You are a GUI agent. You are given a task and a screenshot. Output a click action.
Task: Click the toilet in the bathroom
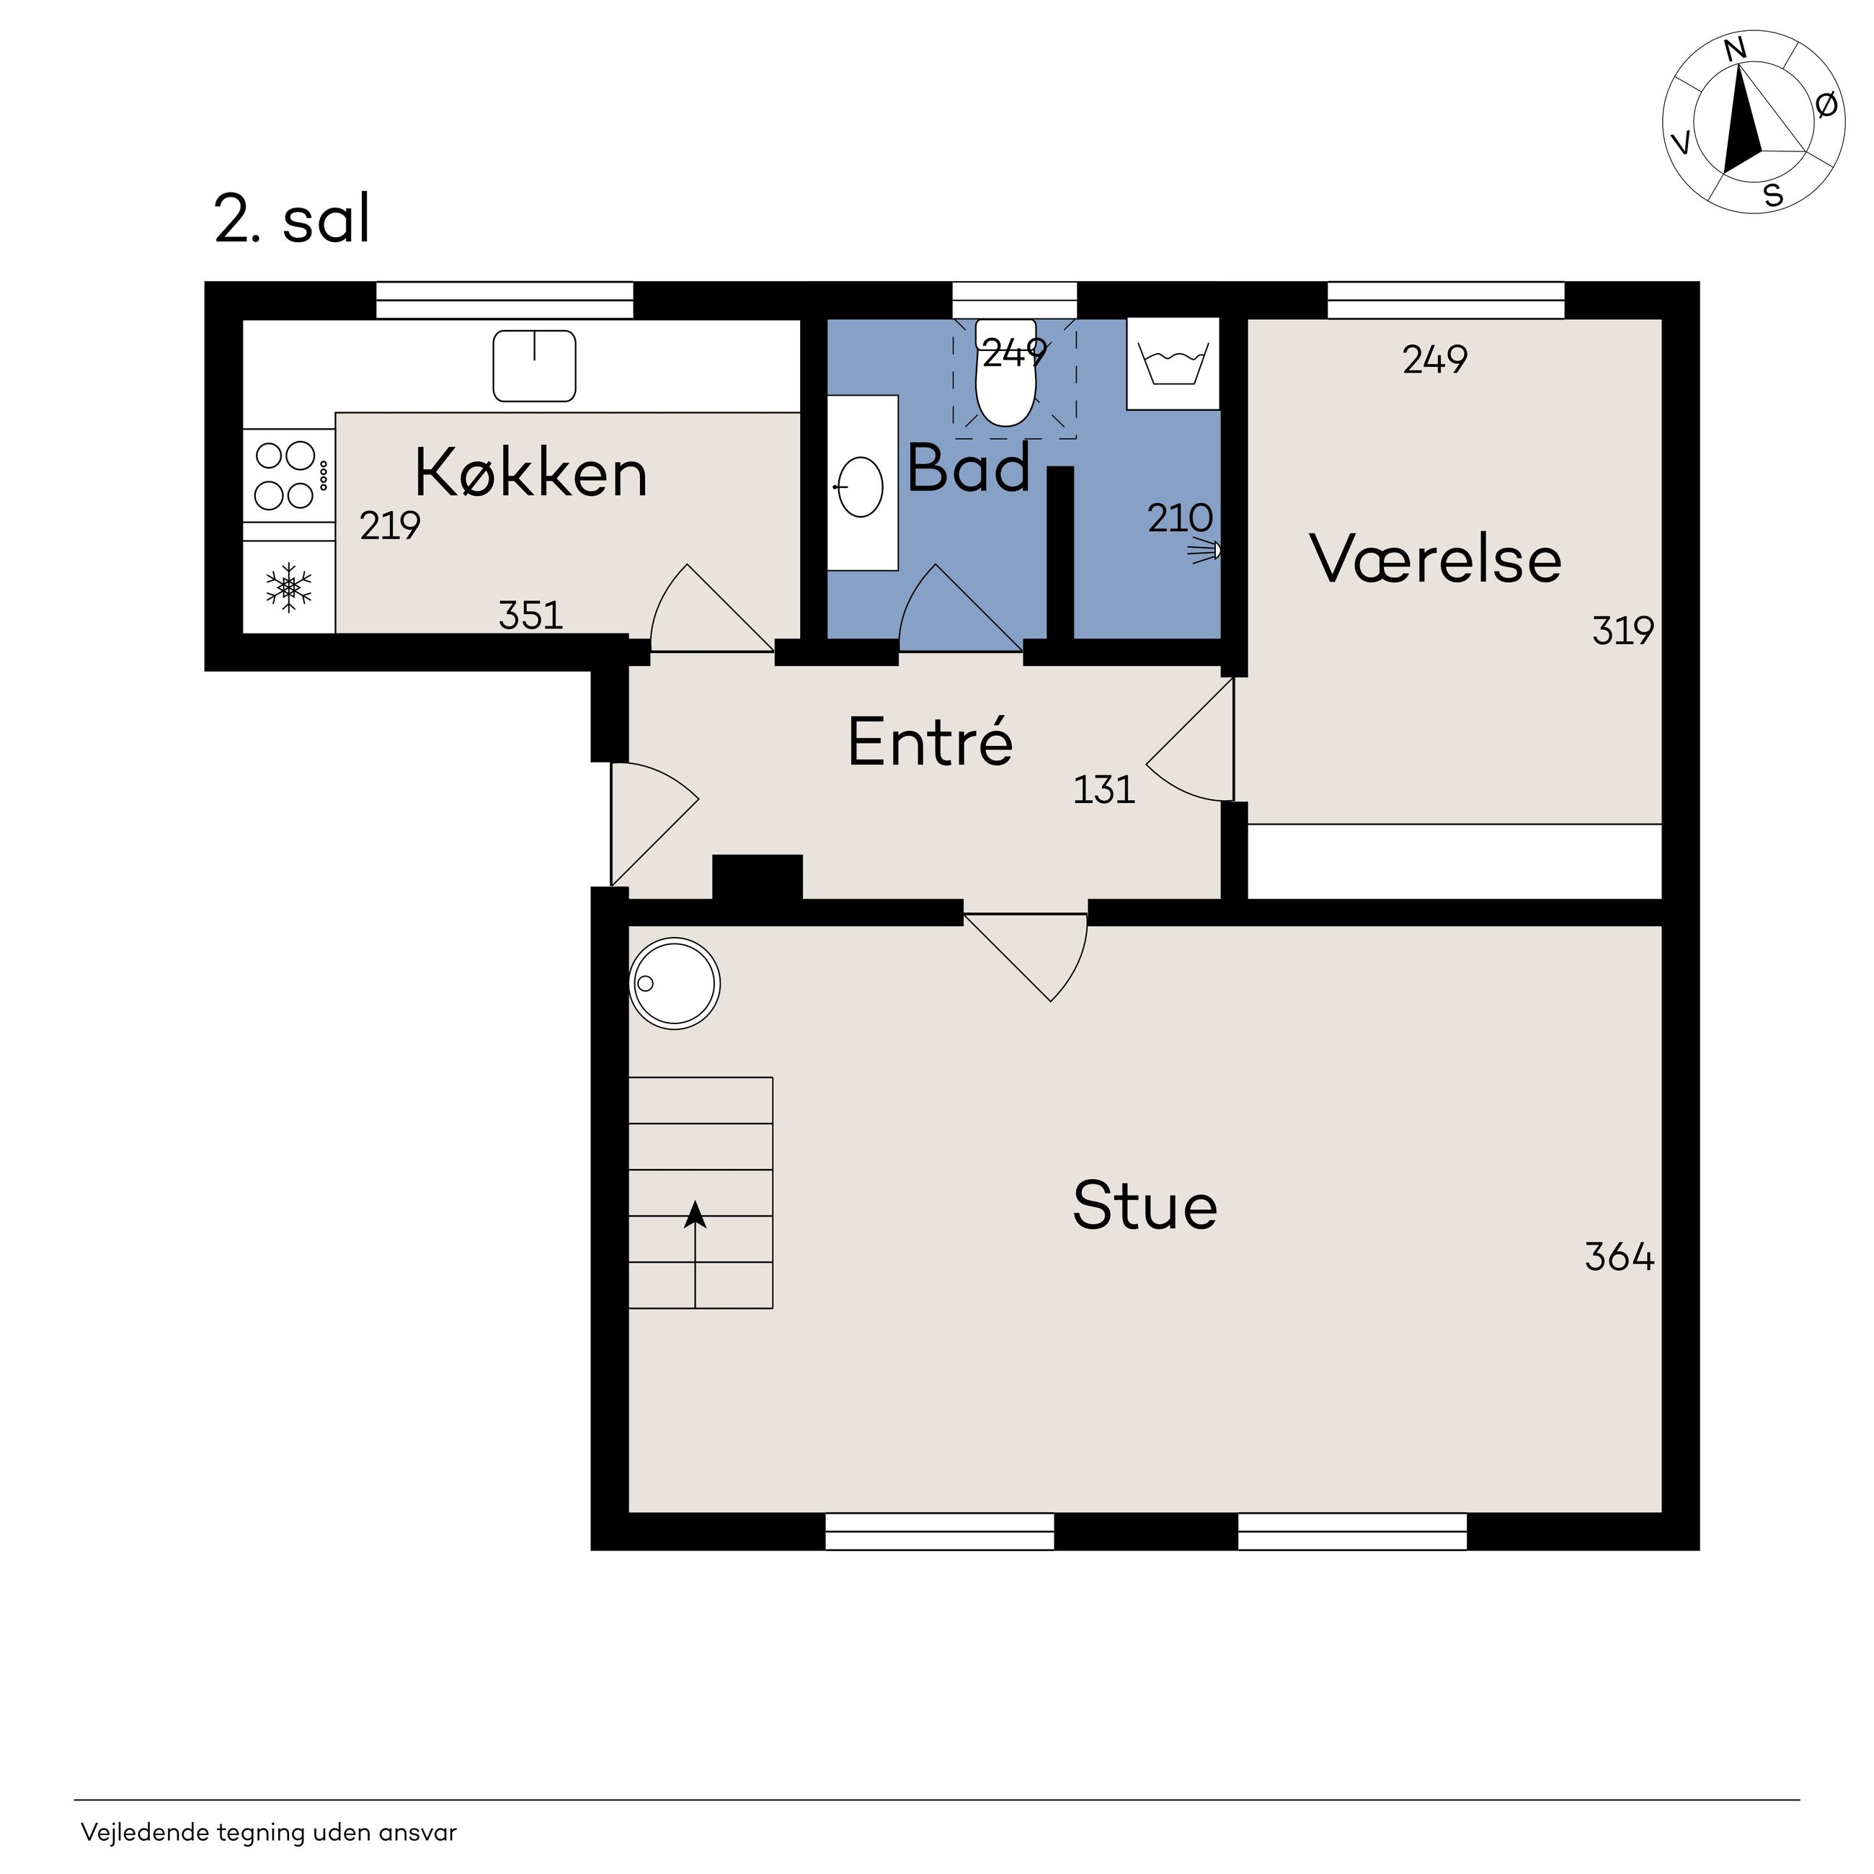coord(1006,373)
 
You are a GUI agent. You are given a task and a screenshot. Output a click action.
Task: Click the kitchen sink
coord(535,365)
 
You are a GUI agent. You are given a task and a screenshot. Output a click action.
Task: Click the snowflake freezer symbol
coord(289,587)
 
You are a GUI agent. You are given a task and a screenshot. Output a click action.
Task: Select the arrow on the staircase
coord(696,1254)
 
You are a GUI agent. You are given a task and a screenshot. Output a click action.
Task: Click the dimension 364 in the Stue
coord(1620,1257)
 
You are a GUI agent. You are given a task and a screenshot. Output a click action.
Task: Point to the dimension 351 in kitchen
coord(530,615)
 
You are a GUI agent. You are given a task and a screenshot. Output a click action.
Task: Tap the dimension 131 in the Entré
coord(1103,789)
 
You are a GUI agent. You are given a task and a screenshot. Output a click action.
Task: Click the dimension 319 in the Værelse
coord(1622,631)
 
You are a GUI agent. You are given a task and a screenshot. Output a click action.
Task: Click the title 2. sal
coord(292,219)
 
